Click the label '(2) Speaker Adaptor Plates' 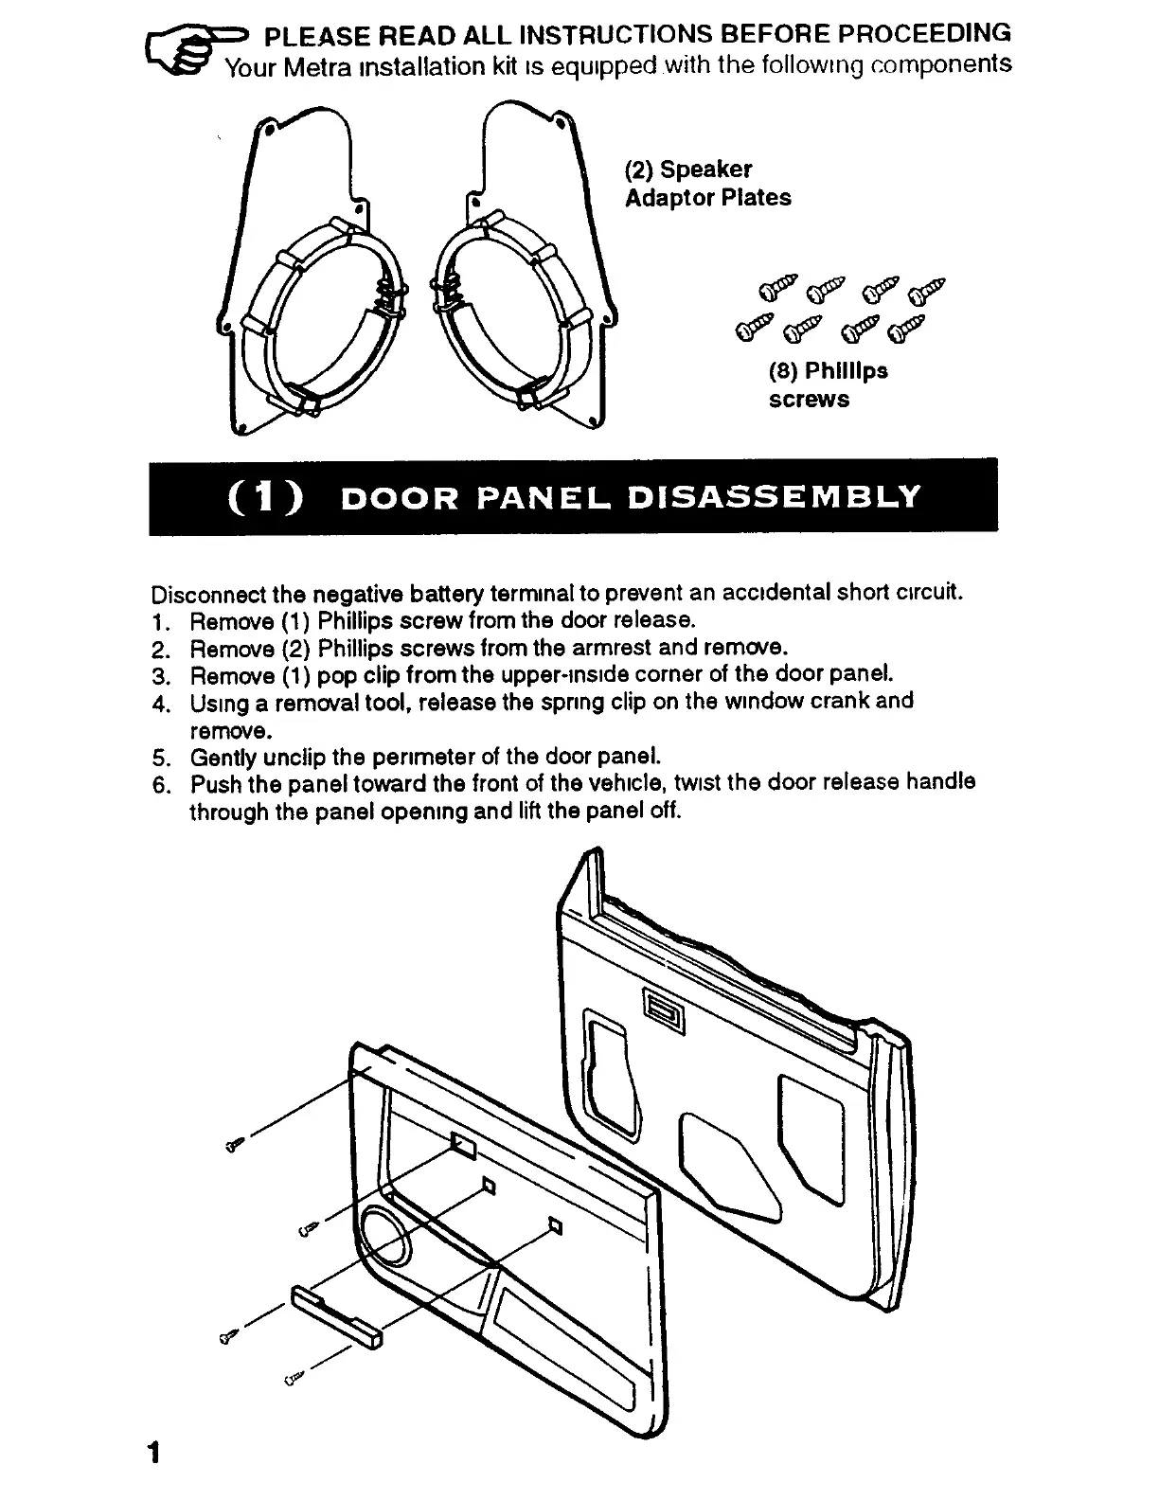(706, 184)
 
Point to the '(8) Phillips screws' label (828, 384)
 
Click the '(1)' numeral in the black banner (265, 496)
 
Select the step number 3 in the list (159, 676)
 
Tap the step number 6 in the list (159, 785)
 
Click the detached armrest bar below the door (336, 1314)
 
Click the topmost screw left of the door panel (235, 1145)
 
